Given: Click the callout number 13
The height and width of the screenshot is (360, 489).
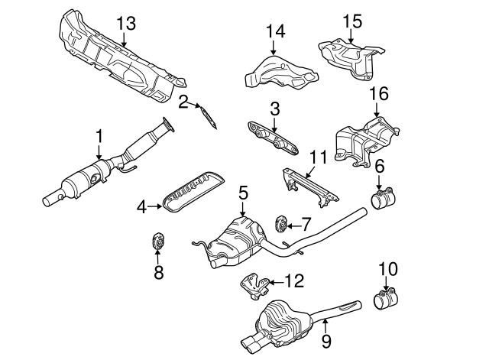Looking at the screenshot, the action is (x=126, y=23).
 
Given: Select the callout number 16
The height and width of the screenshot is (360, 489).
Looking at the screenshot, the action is (x=379, y=93).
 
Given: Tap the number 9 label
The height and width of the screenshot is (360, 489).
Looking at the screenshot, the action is (x=326, y=341).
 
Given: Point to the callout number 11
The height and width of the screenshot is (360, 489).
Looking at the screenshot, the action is (x=318, y=157).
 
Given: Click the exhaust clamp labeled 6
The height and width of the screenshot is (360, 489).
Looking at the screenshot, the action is (x=382, y=197).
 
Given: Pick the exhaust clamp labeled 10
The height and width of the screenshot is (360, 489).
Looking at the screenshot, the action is (x=385, y=299).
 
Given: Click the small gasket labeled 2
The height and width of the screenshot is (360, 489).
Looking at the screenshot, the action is (x=209, y=118).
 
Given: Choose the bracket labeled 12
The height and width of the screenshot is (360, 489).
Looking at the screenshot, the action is (x=254, y=286).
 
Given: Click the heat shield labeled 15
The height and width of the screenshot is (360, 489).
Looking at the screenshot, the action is (x=351, y=58).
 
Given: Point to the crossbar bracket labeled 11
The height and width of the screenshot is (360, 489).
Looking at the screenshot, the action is (x=310, y=186).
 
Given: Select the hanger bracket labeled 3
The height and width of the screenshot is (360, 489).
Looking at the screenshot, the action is (x=273, y=139).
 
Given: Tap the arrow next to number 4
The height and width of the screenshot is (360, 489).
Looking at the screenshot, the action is (x=154, y=206).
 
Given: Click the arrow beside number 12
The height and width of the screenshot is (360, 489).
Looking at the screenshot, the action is (x=276, y=283).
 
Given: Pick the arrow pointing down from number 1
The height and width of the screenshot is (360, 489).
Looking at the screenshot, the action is (x=99, y=153).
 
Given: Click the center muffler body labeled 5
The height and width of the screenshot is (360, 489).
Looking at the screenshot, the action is (x=235, y=243).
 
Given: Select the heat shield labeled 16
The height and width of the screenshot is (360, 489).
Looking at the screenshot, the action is (x=367, y=142).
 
